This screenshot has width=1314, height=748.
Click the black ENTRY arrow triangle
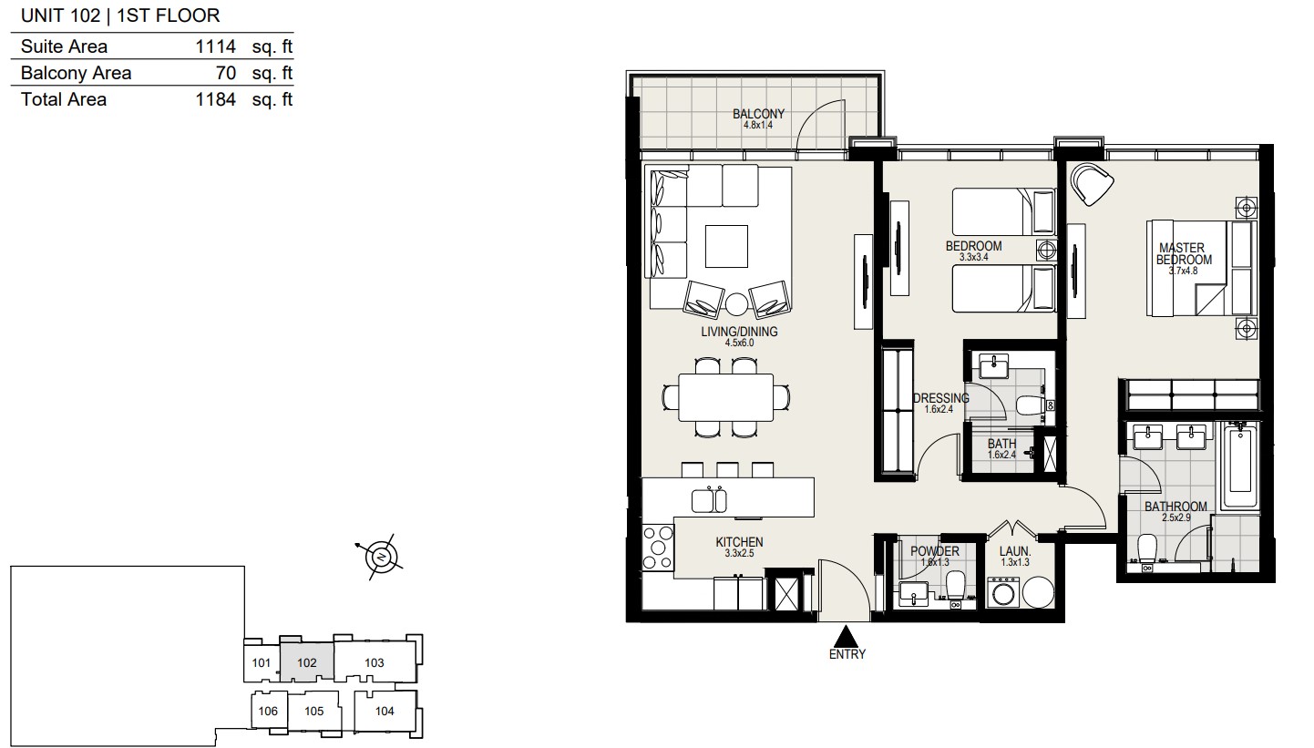[846, 636]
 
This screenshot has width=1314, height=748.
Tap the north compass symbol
[381, 557]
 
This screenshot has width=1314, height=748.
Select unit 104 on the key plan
[385, 711]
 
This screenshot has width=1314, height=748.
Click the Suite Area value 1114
[215, 46]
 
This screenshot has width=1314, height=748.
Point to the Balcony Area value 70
[226, 73]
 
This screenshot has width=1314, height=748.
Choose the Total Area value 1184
[215, 99]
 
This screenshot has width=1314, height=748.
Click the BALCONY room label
[758, 114]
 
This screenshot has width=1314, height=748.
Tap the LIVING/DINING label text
[739, 332]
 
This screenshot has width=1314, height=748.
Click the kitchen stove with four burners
[658, 548]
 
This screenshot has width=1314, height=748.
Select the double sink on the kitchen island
[709, 500]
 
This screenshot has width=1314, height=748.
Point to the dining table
[725, 397]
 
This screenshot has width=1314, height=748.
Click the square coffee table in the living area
[726, 246]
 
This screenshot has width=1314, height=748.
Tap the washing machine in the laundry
[1003, 592]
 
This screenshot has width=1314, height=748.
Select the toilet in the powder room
[956, 587]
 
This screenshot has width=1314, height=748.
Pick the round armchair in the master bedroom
[1091, 184]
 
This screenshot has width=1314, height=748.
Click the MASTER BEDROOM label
[1183, 253]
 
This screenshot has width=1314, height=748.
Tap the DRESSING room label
[940, 398]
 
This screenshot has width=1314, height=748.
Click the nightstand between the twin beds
[1047, 251]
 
